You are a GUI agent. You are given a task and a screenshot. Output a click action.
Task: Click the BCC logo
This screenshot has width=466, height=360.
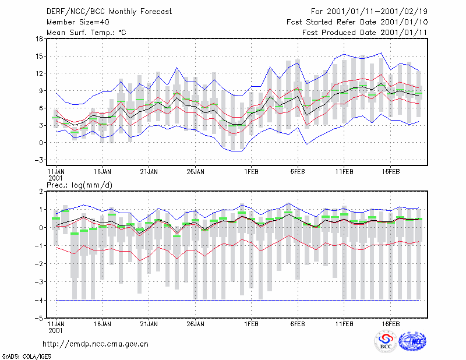tap(386, 341)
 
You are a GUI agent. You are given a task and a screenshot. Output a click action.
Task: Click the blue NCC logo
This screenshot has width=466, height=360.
tap(412, 341)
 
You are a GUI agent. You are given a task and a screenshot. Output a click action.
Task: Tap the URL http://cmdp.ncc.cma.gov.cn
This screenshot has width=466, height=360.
tap(96, 344)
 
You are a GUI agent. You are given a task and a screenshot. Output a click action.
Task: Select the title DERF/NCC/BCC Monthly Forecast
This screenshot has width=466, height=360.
tap(109, 12)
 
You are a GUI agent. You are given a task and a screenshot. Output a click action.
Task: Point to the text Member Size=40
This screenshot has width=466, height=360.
tap(78, 22)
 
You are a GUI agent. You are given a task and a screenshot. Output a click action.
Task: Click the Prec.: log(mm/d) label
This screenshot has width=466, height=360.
tap(79, 185)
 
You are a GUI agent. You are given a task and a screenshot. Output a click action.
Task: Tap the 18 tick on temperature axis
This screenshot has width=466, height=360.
tap(39, 38)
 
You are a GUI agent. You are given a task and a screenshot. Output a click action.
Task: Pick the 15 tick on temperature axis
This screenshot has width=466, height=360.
tap(39, 56)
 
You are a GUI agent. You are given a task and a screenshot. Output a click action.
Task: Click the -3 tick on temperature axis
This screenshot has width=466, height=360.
tap(38, 160)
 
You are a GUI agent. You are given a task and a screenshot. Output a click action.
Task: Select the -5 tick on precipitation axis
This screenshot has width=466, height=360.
tap(38, 319)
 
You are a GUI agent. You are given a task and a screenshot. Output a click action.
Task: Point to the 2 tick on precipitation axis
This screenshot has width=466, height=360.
tap(41, 192)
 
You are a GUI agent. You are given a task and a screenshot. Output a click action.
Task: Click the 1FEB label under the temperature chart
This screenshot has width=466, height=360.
tap(251, 172)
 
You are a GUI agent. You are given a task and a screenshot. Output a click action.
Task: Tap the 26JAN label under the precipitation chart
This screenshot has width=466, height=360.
tap(195, 324)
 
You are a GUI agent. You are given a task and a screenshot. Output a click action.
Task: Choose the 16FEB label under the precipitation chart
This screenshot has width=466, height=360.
tap(390, 324)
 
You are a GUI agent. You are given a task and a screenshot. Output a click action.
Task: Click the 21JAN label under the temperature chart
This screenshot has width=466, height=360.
tap(149, 172)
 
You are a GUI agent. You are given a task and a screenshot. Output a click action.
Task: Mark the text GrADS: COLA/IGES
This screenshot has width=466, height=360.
tap(26, 357)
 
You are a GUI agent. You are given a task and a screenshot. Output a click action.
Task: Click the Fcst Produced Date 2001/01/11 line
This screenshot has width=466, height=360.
tap(365, 33)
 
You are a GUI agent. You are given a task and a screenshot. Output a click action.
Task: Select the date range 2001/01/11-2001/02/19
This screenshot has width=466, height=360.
tap(377, 12)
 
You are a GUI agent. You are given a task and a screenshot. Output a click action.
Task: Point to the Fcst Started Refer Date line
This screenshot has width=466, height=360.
tap(357, 22)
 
